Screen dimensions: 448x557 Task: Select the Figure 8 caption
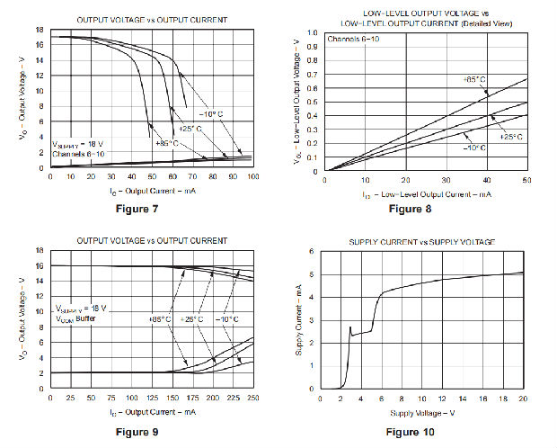[409, 210]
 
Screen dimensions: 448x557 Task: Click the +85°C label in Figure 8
[474, 80]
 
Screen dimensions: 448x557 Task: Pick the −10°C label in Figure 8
[475, 148]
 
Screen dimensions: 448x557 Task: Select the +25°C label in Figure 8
[510, 137]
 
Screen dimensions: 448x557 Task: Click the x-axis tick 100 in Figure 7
[252, 176]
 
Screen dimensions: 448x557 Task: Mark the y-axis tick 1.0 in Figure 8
[313, 32]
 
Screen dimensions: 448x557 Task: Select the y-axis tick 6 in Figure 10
[311, 252]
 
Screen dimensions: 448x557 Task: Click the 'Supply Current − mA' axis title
[298, 321]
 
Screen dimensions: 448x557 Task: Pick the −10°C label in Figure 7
[208, 113]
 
